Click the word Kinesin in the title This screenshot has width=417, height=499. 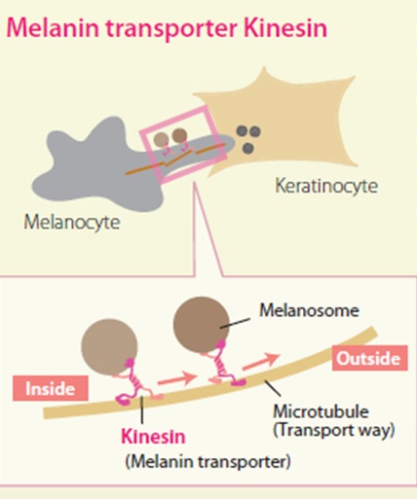coord(284,27)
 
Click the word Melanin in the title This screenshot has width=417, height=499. coord(53,27)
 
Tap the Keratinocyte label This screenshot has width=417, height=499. coord(326,187)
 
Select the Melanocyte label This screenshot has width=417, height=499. coord(72,223)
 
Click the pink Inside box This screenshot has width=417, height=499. coord(51,388)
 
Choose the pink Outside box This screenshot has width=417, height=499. coord(370,358)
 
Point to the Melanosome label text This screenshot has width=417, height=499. coord(309,310)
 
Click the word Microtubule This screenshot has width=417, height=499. coord(322,411)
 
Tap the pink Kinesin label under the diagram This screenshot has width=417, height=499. coord(153,436)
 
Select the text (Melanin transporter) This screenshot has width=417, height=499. coord(208,461)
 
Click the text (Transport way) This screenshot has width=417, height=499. coord(334,430)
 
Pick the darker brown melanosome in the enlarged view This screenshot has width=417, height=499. coord(202,325)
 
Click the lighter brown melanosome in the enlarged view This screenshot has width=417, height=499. coord(109,347)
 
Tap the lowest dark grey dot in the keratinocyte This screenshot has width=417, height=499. coord(248,148)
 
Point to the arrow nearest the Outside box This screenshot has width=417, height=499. coord(261,362)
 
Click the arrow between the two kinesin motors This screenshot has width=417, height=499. coord(177,378)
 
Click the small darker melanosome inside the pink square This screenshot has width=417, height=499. coord(179,135)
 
